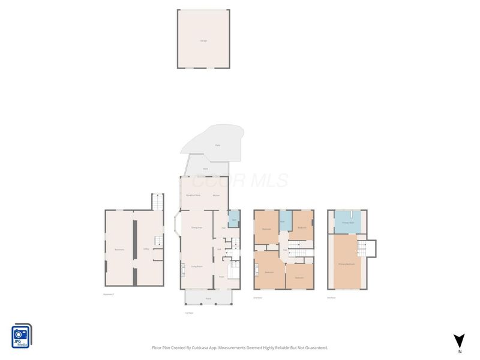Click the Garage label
point(203,41)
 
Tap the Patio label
point(217,145)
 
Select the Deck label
point(205,169)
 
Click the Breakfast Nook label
point(193,196)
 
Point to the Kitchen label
point(216,196)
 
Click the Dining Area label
point(196,228)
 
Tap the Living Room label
point(196,266)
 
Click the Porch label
point(208,298)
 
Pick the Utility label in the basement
point(146,249)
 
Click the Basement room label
point(119,249)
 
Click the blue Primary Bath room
point(347,222)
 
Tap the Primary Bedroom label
point(347,264)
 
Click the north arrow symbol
point(459,340)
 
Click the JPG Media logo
point(22,336)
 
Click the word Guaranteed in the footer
point(314,347)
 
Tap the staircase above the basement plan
point(157,202)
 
